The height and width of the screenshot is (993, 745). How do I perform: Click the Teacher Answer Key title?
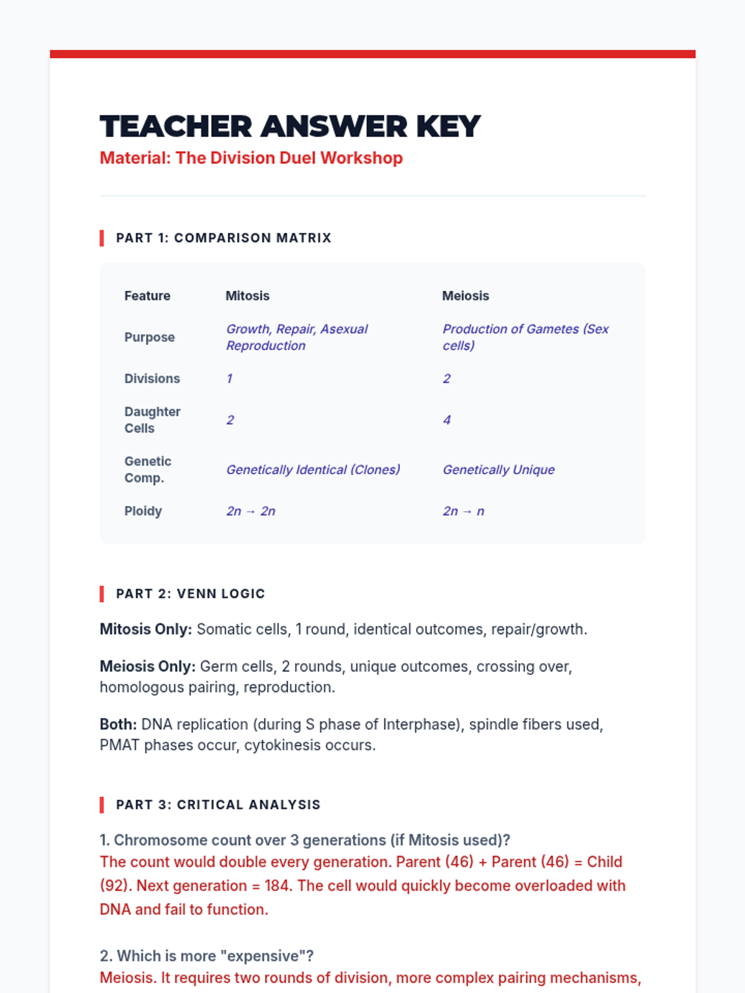tap(290, 127)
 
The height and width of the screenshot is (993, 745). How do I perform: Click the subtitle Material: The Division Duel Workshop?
tap(251, 158)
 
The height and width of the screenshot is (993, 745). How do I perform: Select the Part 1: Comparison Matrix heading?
tap(223, 238)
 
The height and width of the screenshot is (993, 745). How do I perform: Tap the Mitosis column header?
tap(247, 296)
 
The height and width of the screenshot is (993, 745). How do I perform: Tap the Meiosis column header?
tap(465, 296)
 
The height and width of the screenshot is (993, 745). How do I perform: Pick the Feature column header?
tap(147, 296)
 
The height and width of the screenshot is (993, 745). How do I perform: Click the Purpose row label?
tap(149, 338)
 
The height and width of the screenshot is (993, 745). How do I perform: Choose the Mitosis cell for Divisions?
tap(230, 379)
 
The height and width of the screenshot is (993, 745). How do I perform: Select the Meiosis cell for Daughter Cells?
tap(446, 420)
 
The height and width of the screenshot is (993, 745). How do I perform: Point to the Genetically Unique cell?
tap(499, 470)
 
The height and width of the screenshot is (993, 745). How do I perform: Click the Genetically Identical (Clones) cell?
tap(313, 470)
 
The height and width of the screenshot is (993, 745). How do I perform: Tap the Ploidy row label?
tap(143, 511)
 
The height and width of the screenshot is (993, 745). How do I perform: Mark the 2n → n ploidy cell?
tap(463, 511)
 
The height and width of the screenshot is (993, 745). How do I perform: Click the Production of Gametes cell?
tap(525, 337)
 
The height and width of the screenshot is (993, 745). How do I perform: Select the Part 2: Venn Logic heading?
tap(190, 594)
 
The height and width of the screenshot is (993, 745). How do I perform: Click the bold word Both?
tap(119, 724)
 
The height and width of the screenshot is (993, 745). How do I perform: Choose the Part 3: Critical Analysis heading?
tap(218, 805)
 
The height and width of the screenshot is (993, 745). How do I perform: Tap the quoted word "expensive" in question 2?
tap(263, 956)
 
